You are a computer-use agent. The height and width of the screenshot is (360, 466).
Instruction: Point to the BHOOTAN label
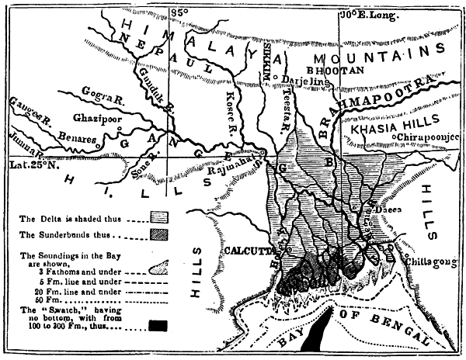[x=339, y=70]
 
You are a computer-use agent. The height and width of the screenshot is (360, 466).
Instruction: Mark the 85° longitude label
[x=180, y=12]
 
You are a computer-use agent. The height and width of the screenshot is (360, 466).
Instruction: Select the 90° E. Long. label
[x=370, y=14]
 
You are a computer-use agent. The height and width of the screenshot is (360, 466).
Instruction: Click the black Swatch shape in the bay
[x=318, y=332]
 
